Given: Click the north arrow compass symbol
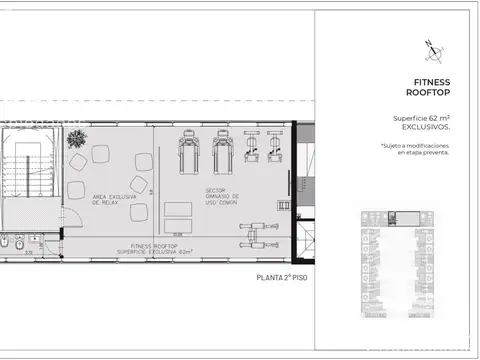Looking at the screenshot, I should coord(428,46).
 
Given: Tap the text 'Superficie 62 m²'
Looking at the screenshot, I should coord(422,119).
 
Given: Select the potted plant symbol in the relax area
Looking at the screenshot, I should coord(73,142).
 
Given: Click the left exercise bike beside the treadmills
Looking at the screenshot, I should coord(251,151).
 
